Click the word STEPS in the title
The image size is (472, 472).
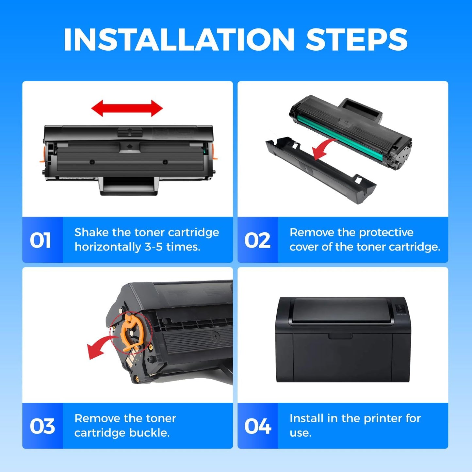pos(356,40)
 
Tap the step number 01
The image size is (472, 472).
pos(41,240)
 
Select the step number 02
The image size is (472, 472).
pos(257,240)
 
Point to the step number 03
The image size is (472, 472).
pos(42,426)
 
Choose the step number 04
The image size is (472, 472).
pos(258,426)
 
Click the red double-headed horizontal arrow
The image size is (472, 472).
pos(127,108)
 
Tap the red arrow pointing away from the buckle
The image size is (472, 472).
pos(98,348)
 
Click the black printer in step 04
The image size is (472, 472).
pos(342,340)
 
